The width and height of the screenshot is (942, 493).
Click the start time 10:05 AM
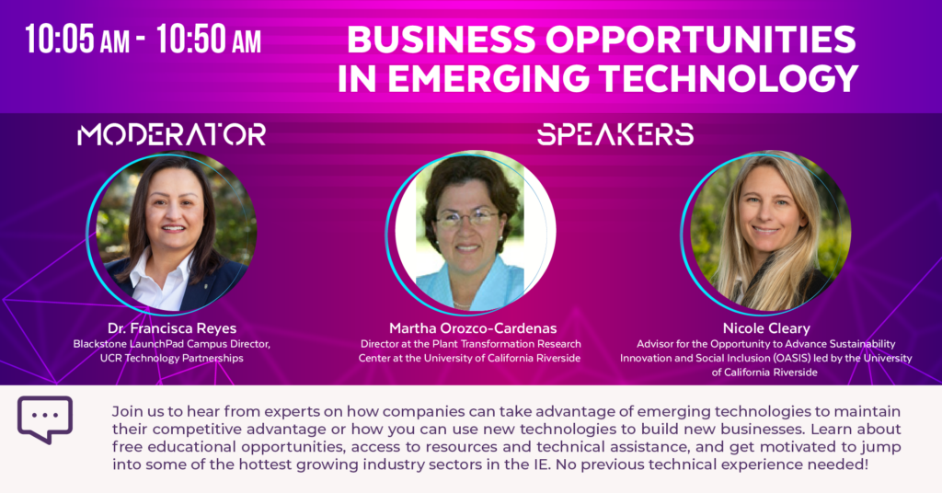click(77, 40)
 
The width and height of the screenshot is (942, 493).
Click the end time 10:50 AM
click(209, 40)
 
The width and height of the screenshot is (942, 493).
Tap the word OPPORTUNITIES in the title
click(700, 40)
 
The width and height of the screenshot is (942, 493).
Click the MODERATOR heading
click(172, 134)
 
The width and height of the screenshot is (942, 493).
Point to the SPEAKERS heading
click(615, 134)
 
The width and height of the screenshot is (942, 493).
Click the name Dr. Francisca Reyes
click(172, 328)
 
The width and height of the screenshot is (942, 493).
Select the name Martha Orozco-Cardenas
click(473, 328)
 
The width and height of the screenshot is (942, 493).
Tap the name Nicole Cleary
click(766, 328)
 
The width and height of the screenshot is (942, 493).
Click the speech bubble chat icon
click(45, 419)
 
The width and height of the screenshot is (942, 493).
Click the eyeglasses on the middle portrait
click(466, 219)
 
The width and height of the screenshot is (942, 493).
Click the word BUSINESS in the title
click(441, 40)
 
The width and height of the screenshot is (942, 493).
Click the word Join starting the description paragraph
click(124, 412)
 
